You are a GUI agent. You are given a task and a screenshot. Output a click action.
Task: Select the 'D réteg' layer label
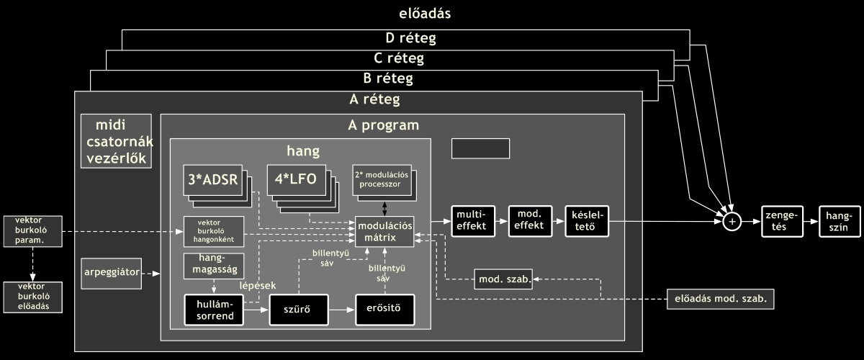pos(405,38)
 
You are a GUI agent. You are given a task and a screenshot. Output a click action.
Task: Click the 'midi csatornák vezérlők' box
pos(116,141)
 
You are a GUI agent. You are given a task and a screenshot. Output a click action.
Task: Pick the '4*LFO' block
pos(296,179)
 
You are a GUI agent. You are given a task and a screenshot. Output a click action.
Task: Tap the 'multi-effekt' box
pos(472,220)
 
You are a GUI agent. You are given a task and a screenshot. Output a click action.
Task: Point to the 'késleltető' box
pos(587,220)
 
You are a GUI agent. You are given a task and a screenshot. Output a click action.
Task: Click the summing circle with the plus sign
pos(732,222)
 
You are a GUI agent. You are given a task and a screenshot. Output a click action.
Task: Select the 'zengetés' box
pos(781,221)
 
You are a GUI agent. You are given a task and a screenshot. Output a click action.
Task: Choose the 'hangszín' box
pos(840,221)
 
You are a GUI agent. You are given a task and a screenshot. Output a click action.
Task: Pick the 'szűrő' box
pos(299,310)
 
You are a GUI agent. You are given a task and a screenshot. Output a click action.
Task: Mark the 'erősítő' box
pos(385,310)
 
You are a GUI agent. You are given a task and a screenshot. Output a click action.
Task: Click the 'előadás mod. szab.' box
pos(719,298)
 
